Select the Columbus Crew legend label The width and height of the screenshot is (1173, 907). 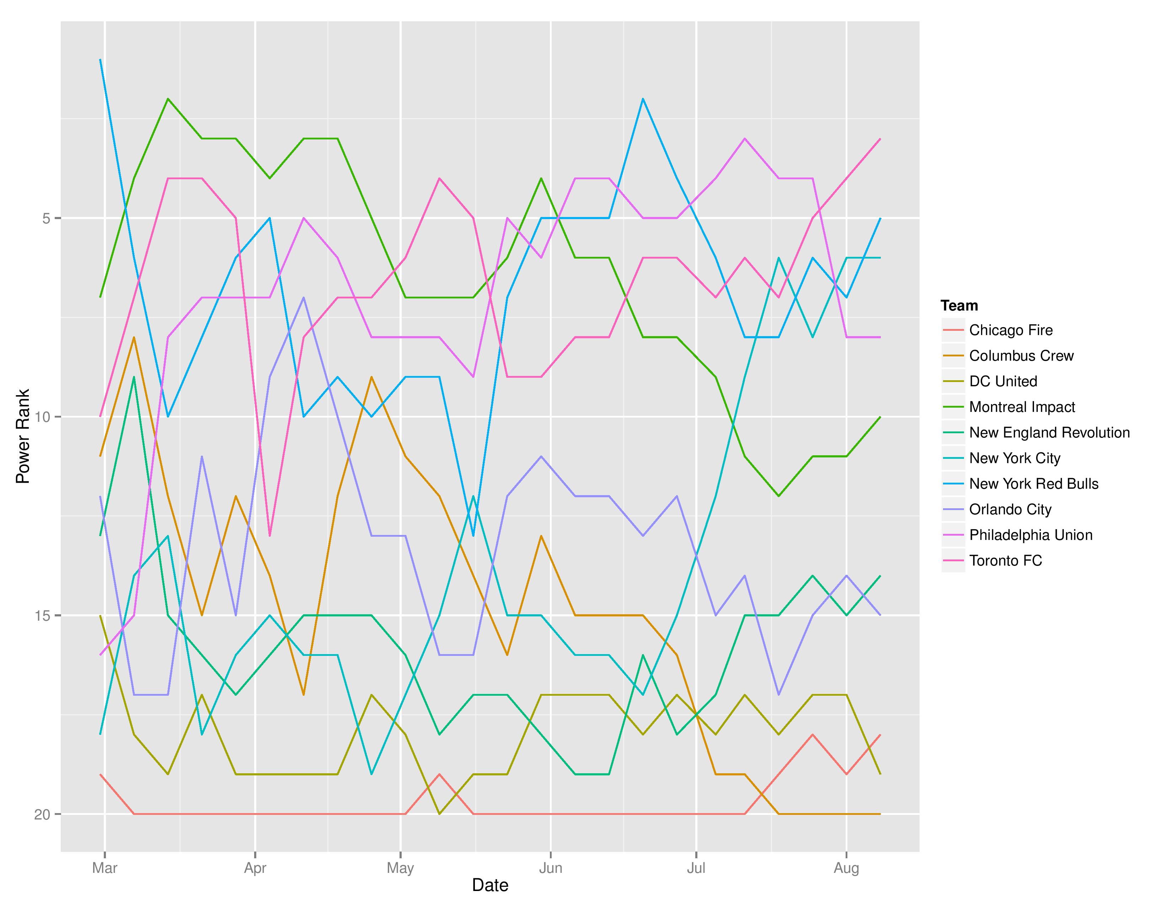[1021, 356]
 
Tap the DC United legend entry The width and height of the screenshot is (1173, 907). [1003, 382]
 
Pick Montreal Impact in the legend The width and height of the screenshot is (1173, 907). [1022, 407]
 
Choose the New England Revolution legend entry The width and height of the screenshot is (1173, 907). [1049, 433]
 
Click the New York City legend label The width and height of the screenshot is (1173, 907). [1014, 458]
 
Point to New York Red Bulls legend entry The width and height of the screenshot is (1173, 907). [1033, 484]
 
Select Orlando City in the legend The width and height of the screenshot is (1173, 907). [1010, 509]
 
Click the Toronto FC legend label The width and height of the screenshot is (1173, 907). [1006, 561]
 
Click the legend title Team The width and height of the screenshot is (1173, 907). [959, 306]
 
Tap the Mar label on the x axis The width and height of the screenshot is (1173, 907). [105, 868]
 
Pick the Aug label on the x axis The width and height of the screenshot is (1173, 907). [846, 868]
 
